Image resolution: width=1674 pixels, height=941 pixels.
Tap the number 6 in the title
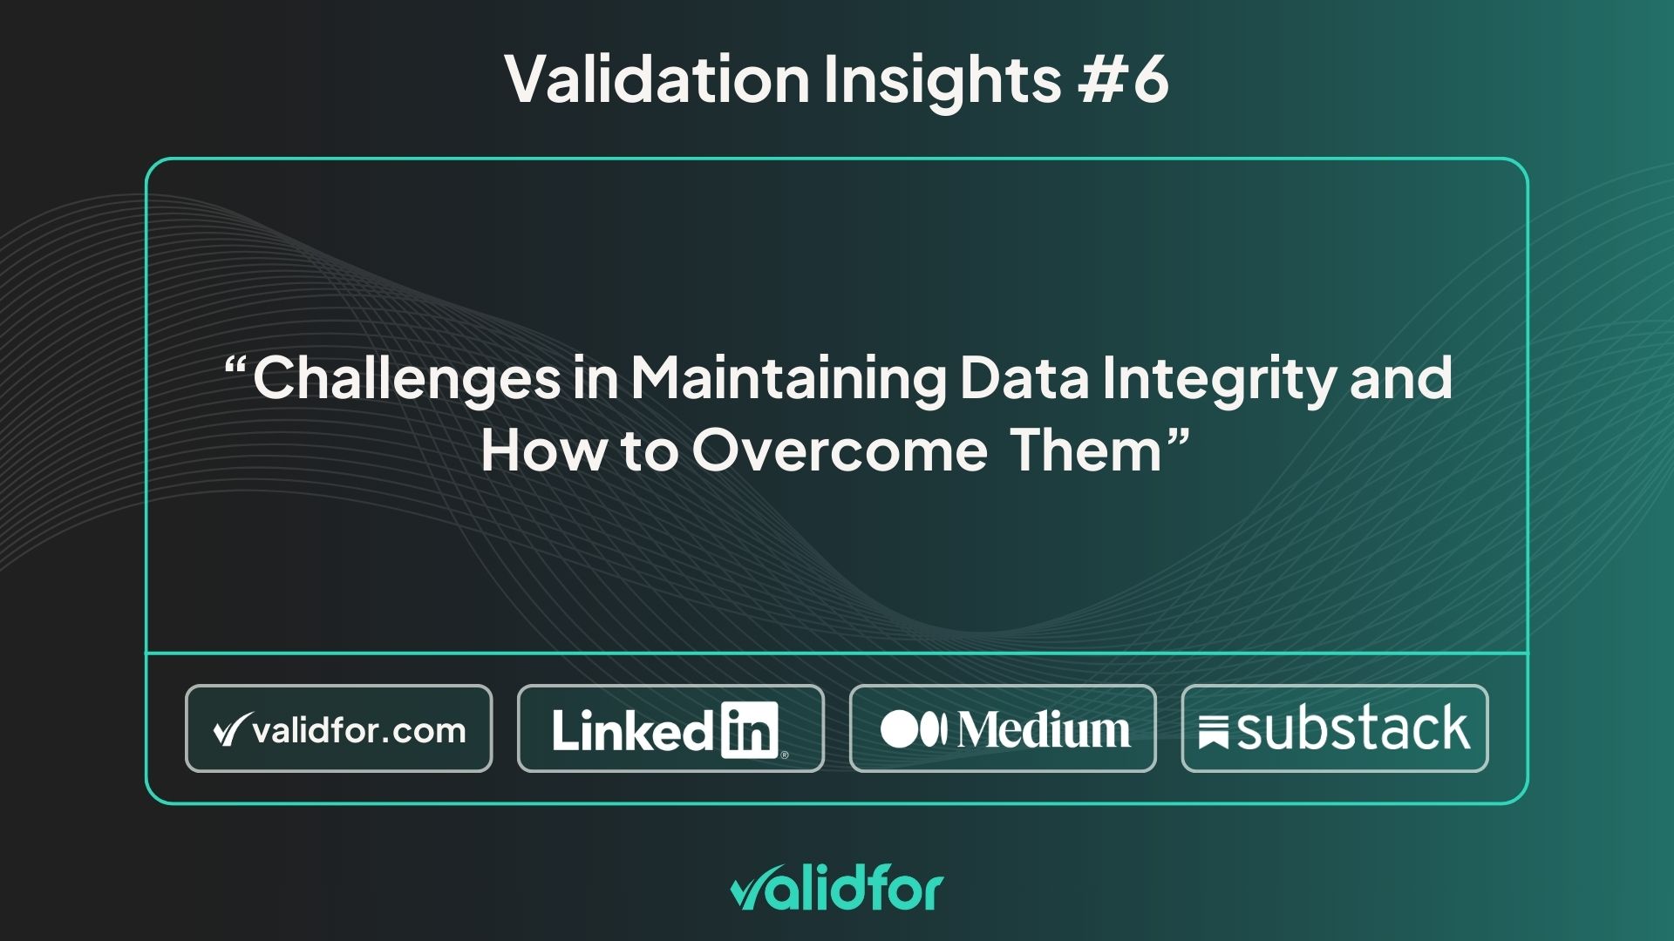point(1150,79)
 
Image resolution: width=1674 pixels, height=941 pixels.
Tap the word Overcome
point(840,450)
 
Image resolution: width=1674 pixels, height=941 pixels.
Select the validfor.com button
point(339,728)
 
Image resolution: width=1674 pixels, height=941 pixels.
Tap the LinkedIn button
point(670,728)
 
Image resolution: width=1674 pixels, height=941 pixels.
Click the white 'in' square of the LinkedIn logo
point(750,730)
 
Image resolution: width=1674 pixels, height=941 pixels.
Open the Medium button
point(1003,728)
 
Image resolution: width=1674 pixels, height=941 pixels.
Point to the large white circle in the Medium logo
point(900,730)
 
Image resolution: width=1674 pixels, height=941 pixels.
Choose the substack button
point(1335,728)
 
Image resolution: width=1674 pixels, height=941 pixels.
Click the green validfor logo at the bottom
point(837,890)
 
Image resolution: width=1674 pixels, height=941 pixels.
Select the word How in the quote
point(541,450)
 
